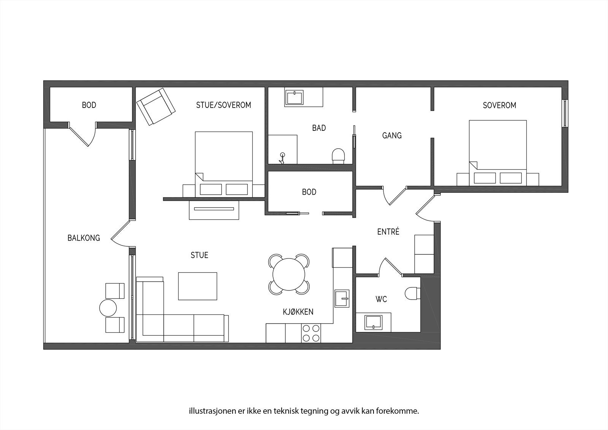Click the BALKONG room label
coord(84,238)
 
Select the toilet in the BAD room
coord(338,155)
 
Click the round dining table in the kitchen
coord(289,274)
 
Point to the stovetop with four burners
coord(311,333)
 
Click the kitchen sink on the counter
coord(342,298)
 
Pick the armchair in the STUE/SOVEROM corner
coord(156,106)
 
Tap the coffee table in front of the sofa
coord(198,286)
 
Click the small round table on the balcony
coord(108,308)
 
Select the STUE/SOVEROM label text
coord(223,105)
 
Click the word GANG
coord(392,135)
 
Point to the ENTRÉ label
coord(388,232)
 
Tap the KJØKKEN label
coord(298,312)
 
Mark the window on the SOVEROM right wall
coord(565,113)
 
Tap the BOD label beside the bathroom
coord(309,192)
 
